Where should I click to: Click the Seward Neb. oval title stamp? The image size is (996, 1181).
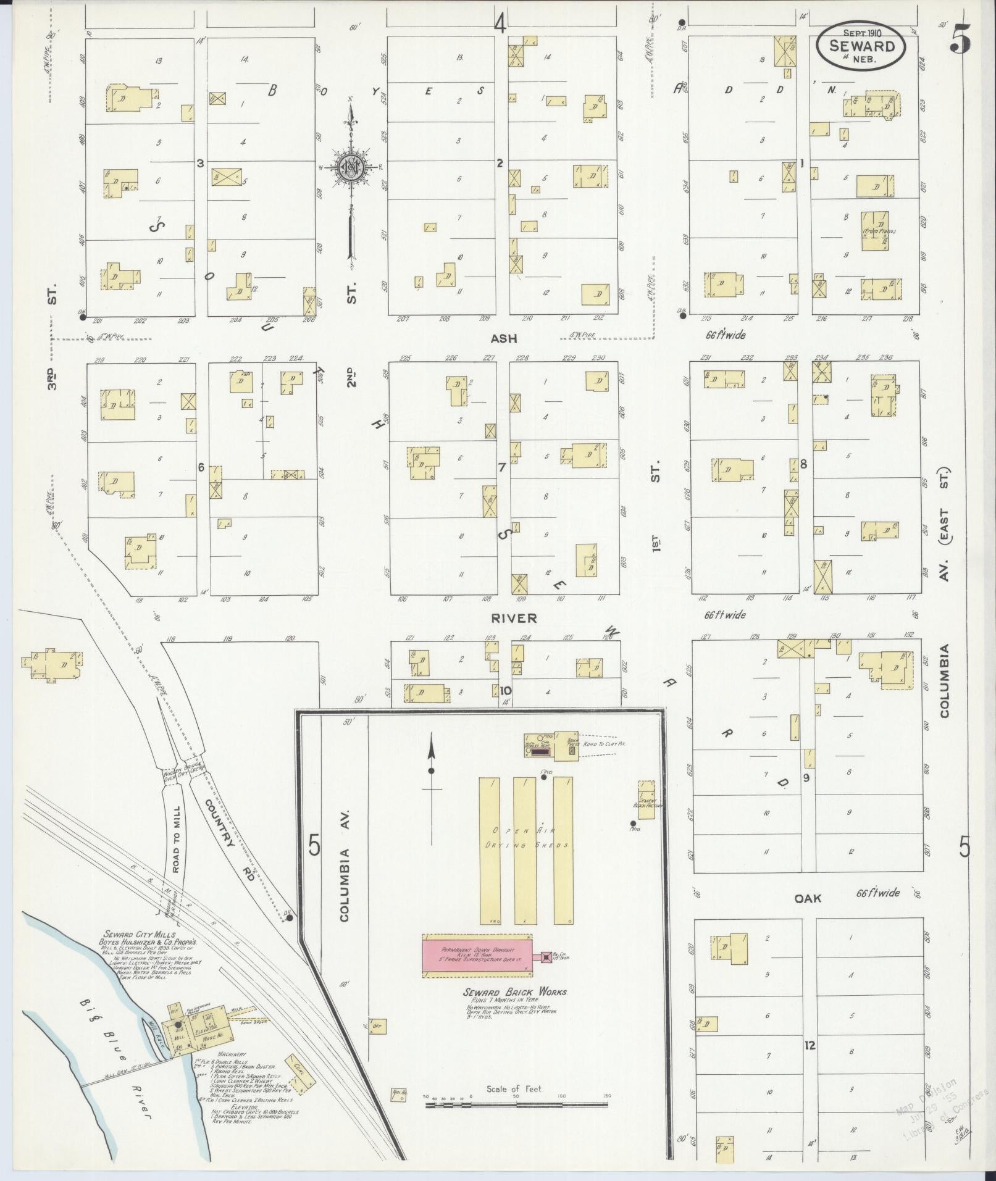click(x=862, y=46)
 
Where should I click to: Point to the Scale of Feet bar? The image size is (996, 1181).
click(x=516, y=1104)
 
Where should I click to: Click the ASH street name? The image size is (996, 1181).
click(x=503, y=338)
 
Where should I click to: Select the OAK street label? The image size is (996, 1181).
click(x=808, y=899)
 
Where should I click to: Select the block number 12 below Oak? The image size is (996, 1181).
click(x=810, y=1046)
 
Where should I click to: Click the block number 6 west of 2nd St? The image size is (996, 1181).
click(x=201, y=468)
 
